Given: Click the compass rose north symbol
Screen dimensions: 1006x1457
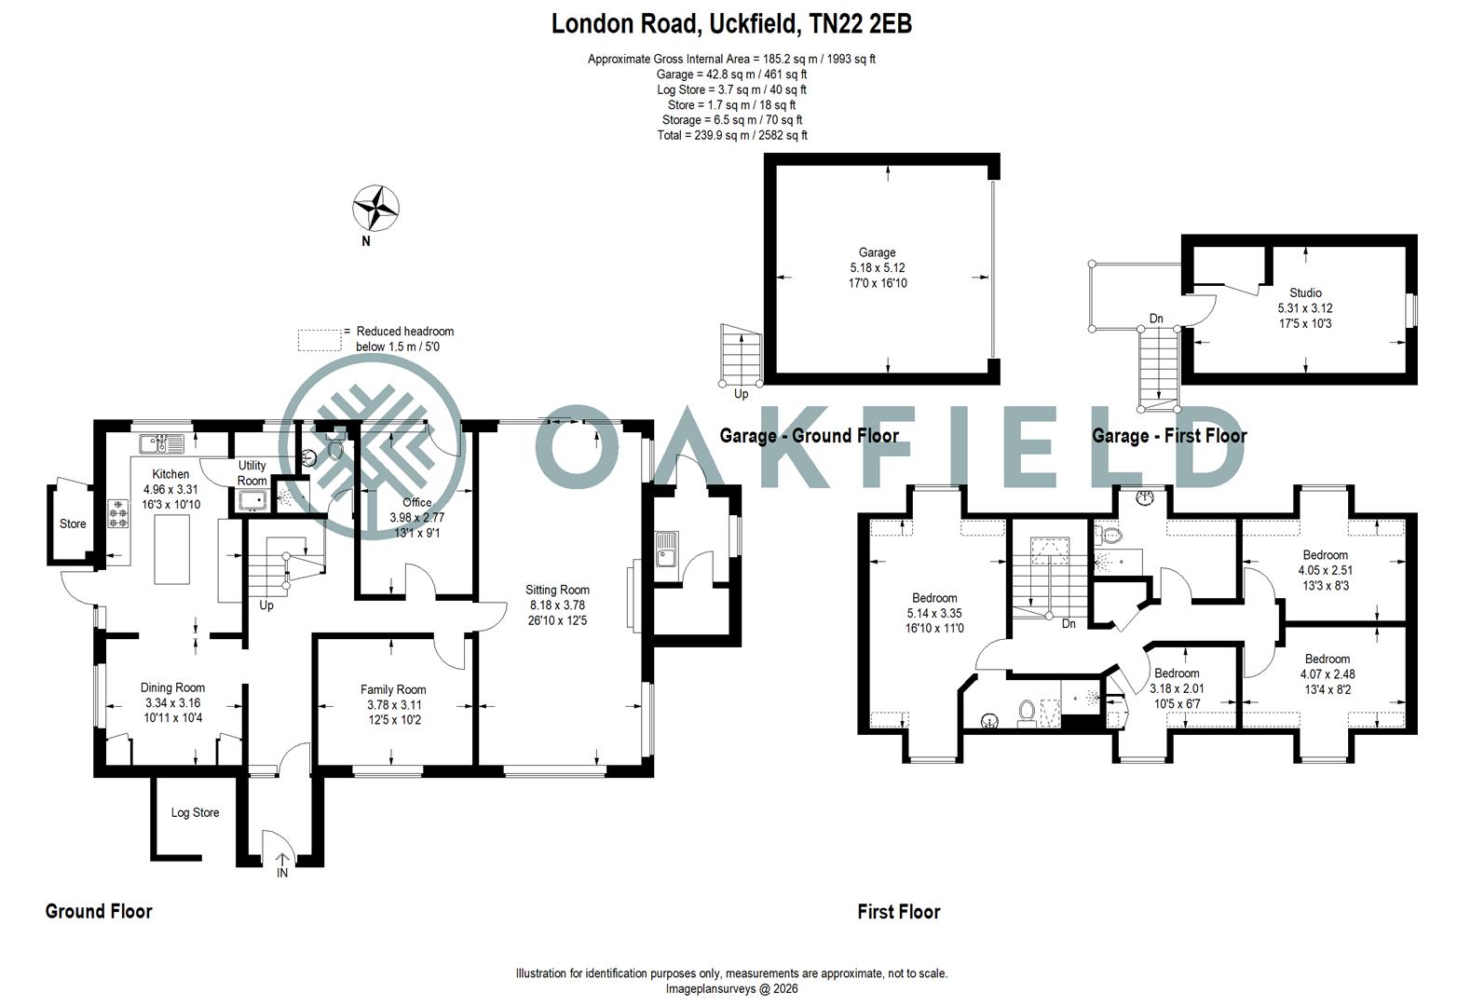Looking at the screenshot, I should pyautogui.click(x=376, y=209).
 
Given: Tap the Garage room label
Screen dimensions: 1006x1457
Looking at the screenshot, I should pyautogui.click(x=877, y=252).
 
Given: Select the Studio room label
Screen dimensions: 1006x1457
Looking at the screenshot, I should pyautogui.click(x=1305, y=292).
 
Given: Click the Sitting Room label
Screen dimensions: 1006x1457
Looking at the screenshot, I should pyautogui.click(x=557, y=590).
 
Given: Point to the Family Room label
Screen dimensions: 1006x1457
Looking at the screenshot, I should pyautogui.click(x=393, y=689).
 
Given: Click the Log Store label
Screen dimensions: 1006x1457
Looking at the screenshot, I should pyautogui.click(x=195, y=812).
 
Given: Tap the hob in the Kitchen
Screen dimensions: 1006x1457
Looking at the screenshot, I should pyautogui.click(x=118, y=514).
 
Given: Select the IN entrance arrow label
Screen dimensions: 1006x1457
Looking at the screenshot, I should pyautogui.click(x=281, y=873).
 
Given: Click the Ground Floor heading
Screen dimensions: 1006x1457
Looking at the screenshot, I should pyautogui.click(x=99, y=911).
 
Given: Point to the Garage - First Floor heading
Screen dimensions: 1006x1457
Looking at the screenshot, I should pyautogui.click(x=1168, y=435).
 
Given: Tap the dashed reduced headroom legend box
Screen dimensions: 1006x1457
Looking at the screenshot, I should pyautogui.click(x=320, y=339).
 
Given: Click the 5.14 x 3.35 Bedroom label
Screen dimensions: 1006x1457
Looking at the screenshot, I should pyautogui.click(x=933, y=598).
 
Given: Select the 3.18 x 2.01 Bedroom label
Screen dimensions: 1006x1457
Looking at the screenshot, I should pyautogui.click(x=1176, y=673).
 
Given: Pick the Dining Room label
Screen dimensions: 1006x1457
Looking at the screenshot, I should pyautogui.click(x=172, y=687).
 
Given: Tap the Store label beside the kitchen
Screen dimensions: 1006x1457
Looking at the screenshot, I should pyautogui.click(x=73, y=523).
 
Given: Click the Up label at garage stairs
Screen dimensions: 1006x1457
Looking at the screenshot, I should pyautogui.click(x=742, y=394).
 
